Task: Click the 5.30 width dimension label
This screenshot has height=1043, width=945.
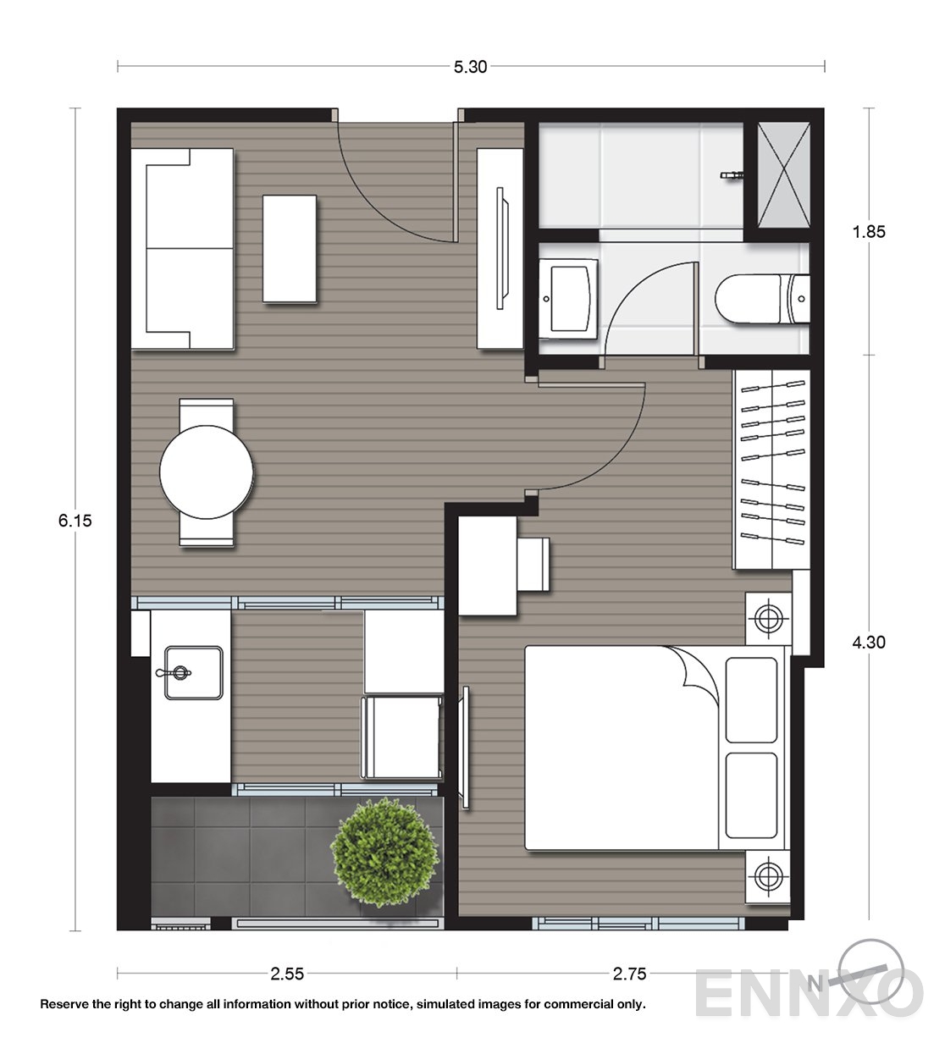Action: (470, 67)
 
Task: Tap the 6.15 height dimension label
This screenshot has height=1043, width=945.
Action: (75, 521)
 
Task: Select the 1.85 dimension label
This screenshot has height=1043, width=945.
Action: (869, 232)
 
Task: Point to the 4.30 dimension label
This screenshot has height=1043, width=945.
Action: (869, 643)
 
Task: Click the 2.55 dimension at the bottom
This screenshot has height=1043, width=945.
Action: (287, 974)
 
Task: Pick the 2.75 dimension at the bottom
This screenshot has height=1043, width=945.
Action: (629, 974)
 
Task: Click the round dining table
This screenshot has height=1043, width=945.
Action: (207, 472)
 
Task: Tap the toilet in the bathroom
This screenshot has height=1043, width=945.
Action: (762, 299)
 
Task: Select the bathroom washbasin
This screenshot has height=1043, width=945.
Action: (568, 299)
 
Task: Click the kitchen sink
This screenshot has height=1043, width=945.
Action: (193, 673)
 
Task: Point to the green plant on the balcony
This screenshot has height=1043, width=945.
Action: (385, 853)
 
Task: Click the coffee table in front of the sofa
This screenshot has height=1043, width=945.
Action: (290, 249)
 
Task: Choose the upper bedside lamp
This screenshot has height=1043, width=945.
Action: (768, 619)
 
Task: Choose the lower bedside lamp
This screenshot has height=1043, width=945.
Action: (768, 876)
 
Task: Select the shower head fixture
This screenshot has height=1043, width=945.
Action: (732, 175)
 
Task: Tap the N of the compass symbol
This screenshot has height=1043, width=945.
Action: (815, 984)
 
